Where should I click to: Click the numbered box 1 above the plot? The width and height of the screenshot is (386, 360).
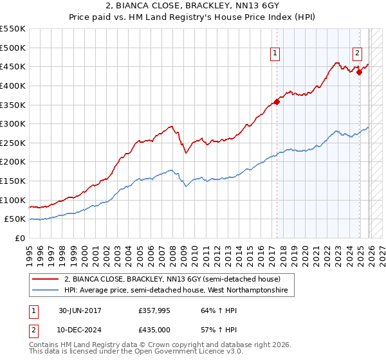point(275,54)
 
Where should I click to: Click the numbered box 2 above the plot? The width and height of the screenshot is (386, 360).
point(357,54)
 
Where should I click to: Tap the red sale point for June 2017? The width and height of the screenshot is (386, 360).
point(277,102)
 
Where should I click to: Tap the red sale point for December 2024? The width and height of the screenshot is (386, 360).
point(360,72)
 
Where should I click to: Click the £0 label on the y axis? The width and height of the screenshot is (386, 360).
point(19,238)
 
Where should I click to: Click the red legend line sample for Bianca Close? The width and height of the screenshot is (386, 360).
point(46,280)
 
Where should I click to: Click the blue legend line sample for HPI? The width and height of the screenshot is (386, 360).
point(46,291)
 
